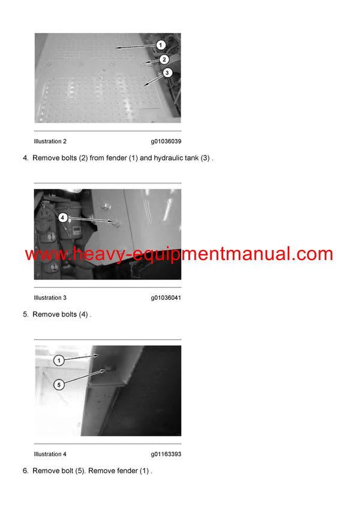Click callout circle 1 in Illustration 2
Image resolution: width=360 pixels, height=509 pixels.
160,45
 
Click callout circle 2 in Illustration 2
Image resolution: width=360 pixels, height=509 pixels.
164,59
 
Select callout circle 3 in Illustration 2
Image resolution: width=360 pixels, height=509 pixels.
167,73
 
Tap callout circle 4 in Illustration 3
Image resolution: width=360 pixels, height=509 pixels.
63,218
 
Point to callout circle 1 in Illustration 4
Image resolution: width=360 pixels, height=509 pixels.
59,360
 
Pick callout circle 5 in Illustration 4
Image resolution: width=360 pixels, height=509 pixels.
59,385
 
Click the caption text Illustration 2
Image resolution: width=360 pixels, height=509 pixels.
50,141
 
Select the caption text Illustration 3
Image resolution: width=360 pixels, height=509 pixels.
50,298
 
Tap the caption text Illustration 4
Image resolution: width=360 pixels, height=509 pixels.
50,454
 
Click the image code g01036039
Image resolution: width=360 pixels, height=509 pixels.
166,141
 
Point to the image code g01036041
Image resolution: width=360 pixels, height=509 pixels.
166,298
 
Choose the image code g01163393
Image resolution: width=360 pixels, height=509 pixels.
166,454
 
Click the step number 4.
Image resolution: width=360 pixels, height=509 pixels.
25,158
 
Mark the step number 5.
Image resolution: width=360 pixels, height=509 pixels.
25,314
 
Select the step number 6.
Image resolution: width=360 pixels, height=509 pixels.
25,471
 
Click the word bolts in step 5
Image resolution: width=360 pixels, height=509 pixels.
68,314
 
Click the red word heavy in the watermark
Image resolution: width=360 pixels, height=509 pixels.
96,254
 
